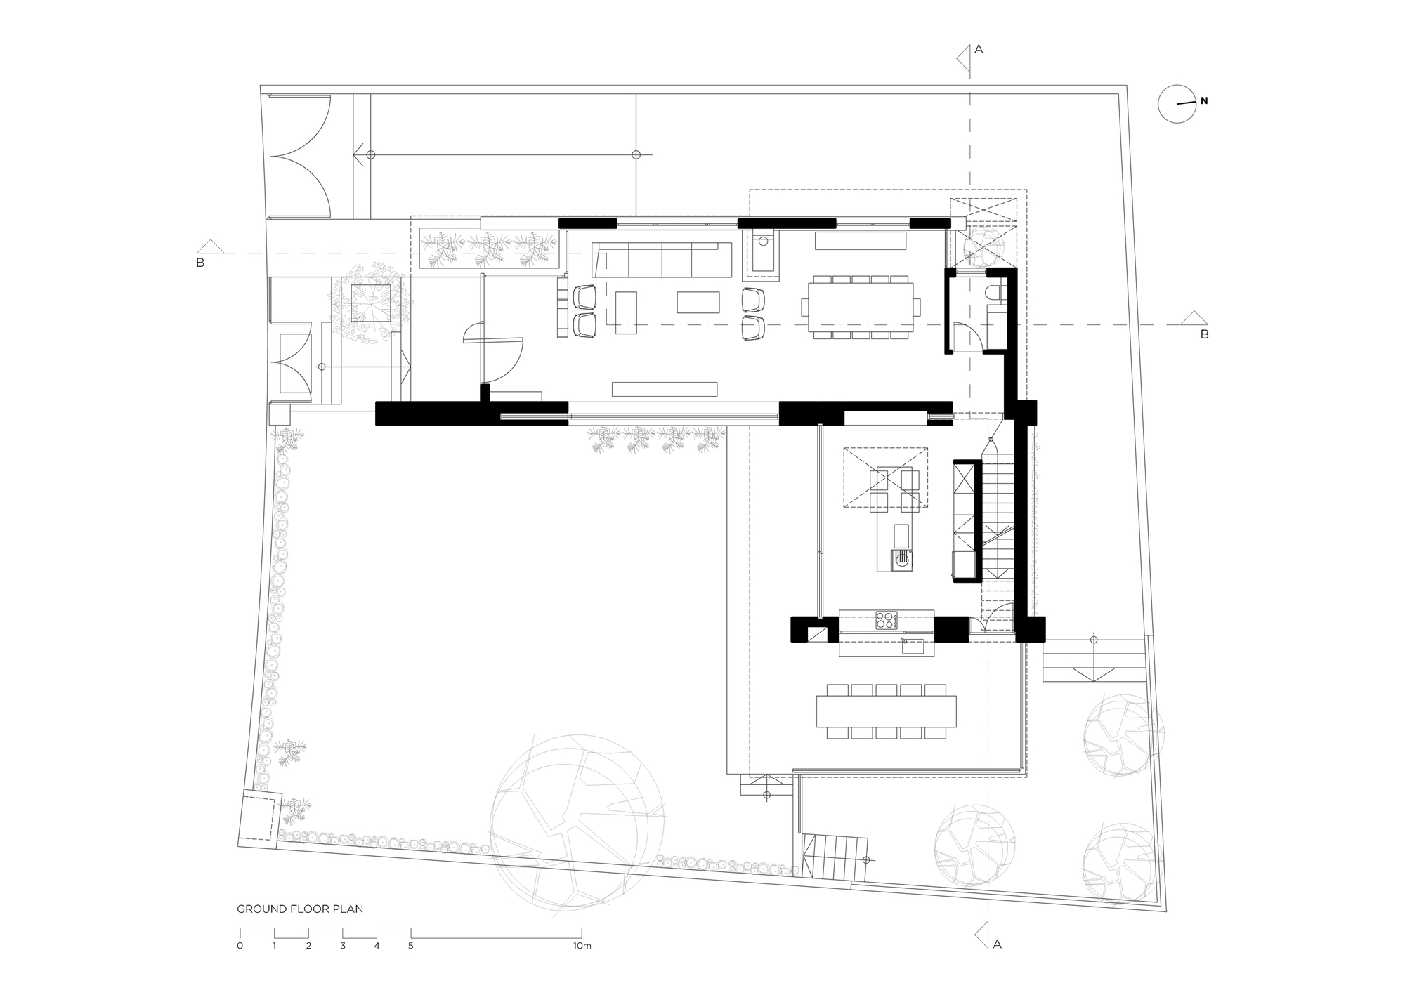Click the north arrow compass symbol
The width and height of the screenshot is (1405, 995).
pyautogui.click(x=1177, y=105)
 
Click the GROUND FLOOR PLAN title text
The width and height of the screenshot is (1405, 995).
pyautogui.click(x=300, y=909)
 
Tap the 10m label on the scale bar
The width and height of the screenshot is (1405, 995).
pyautogui.click(x=582, y=946)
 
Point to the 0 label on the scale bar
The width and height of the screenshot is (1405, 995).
pyautogui.click(x=240, y=946)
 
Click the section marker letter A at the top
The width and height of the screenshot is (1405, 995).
pyautogui.click(x=979, y=49)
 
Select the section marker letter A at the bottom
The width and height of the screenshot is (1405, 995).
pyautogui.click(x=997, y=944)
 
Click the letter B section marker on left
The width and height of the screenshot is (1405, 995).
pyautogui.click(x=200, y=263)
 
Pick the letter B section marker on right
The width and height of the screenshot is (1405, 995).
pyautogui.click(x=1204, y=335)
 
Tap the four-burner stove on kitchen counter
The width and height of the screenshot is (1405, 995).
pyautogui.click(x=887, y=620)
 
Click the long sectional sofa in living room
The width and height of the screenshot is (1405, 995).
pyautogui.click(x=662, y=260)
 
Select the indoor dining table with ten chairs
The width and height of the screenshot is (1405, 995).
pyautogui.click(x=861, y=308)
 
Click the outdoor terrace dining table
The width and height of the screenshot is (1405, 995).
pyautogui.click(x=887, y=711)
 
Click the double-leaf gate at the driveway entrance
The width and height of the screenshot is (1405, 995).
pyautogui.click(x=301, y=155)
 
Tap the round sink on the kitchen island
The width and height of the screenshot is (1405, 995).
pyautogui.click(x=901, y=560)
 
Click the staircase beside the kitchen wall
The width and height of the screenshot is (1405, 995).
pyautogui.click(x=998, y=520)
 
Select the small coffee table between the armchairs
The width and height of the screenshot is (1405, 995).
pyautogui.click(x=698, y=302)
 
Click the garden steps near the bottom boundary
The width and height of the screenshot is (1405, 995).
pyautogui.click(x=834, y=856)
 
